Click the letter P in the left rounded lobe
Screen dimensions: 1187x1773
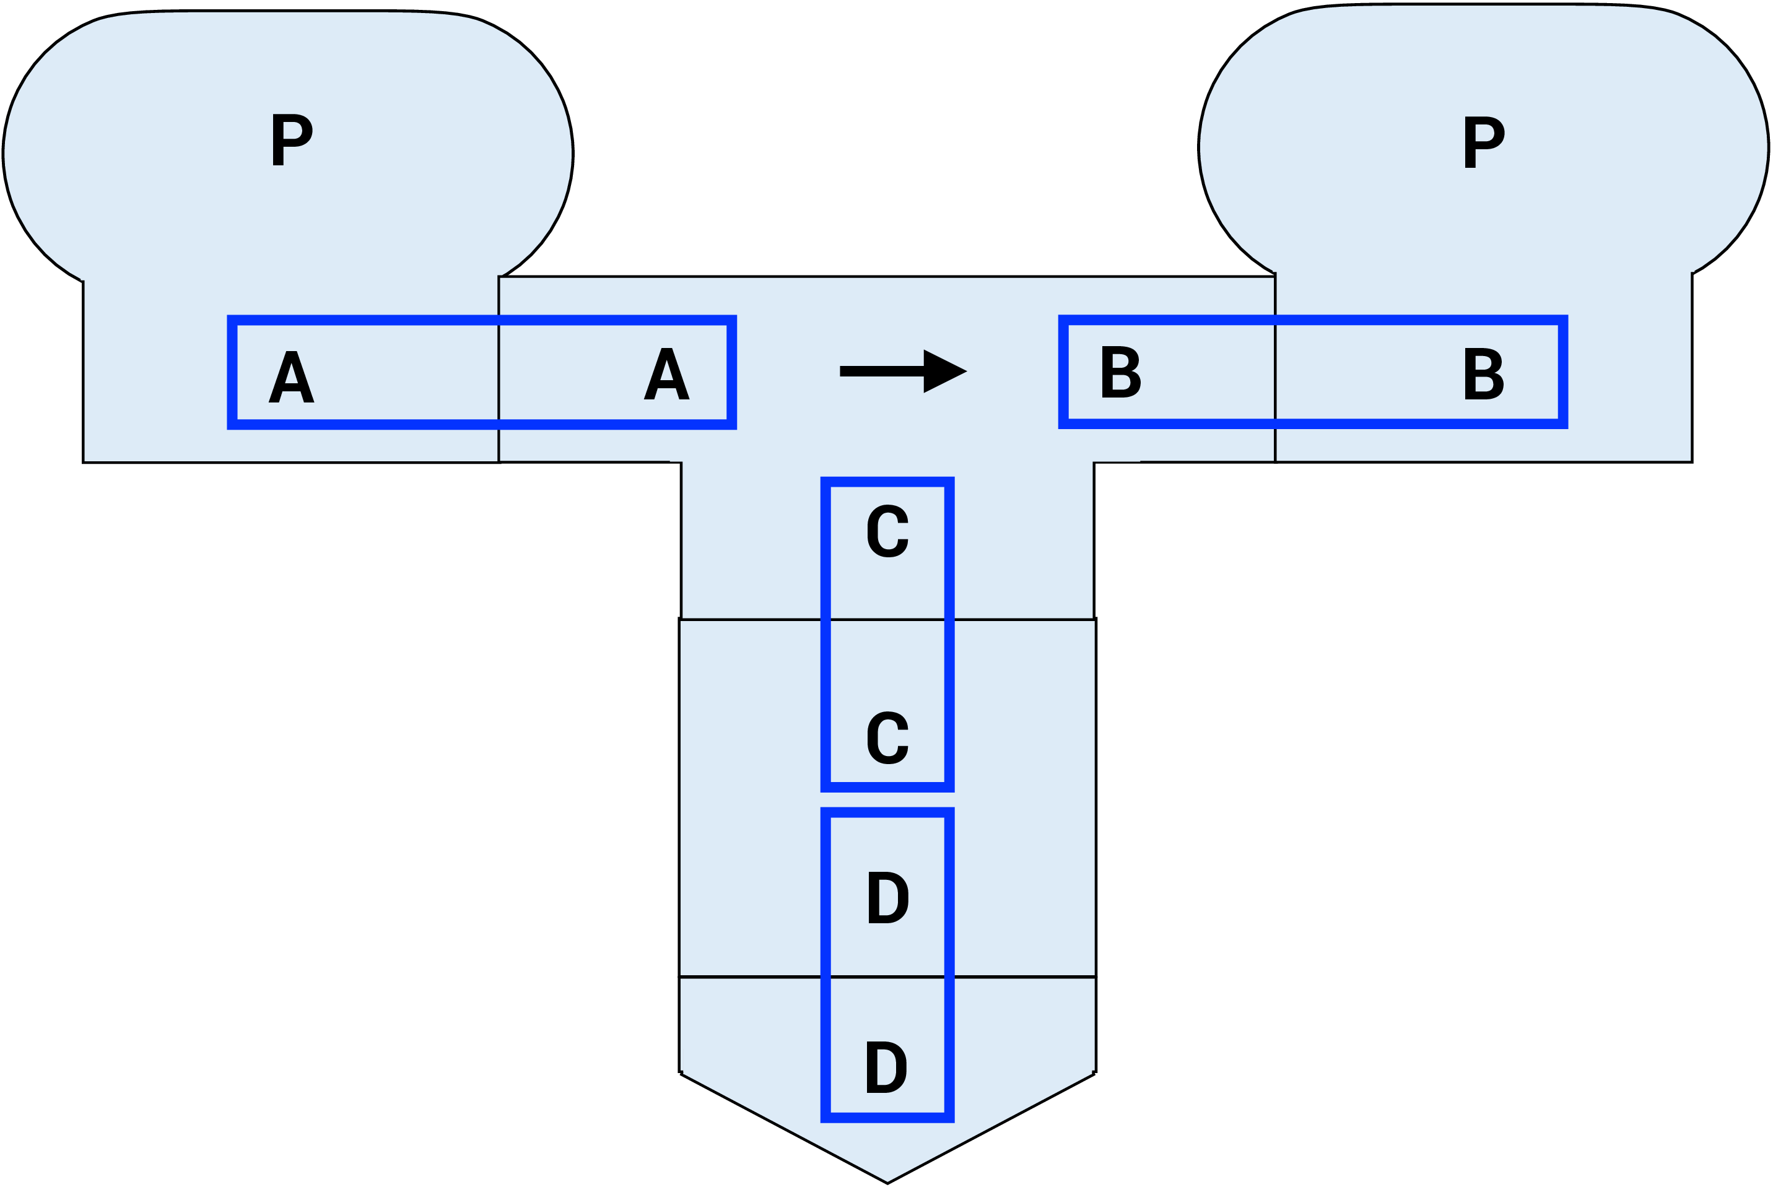[x=292, y=139]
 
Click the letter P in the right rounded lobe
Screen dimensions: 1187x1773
[x=1483, y=142]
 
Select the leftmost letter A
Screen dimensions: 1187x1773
[x=292, y=376]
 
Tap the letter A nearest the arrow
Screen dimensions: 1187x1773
[x=666, y=373]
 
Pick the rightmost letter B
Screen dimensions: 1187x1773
[x=1483, y=373]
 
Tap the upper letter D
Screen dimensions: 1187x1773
[x=887, y=897]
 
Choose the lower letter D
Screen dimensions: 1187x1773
[x=886, y=1067]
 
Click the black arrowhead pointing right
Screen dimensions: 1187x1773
[x=942, y=371]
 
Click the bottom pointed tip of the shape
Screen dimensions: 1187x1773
[x=887, y=1181]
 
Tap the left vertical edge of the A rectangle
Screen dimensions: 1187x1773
[x=232, y=372]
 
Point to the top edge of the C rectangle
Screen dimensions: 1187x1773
[x=887, y=482]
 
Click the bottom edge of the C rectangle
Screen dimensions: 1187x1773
[x=887, y=787]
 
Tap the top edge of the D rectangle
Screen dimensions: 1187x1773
[x=887, y=812]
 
